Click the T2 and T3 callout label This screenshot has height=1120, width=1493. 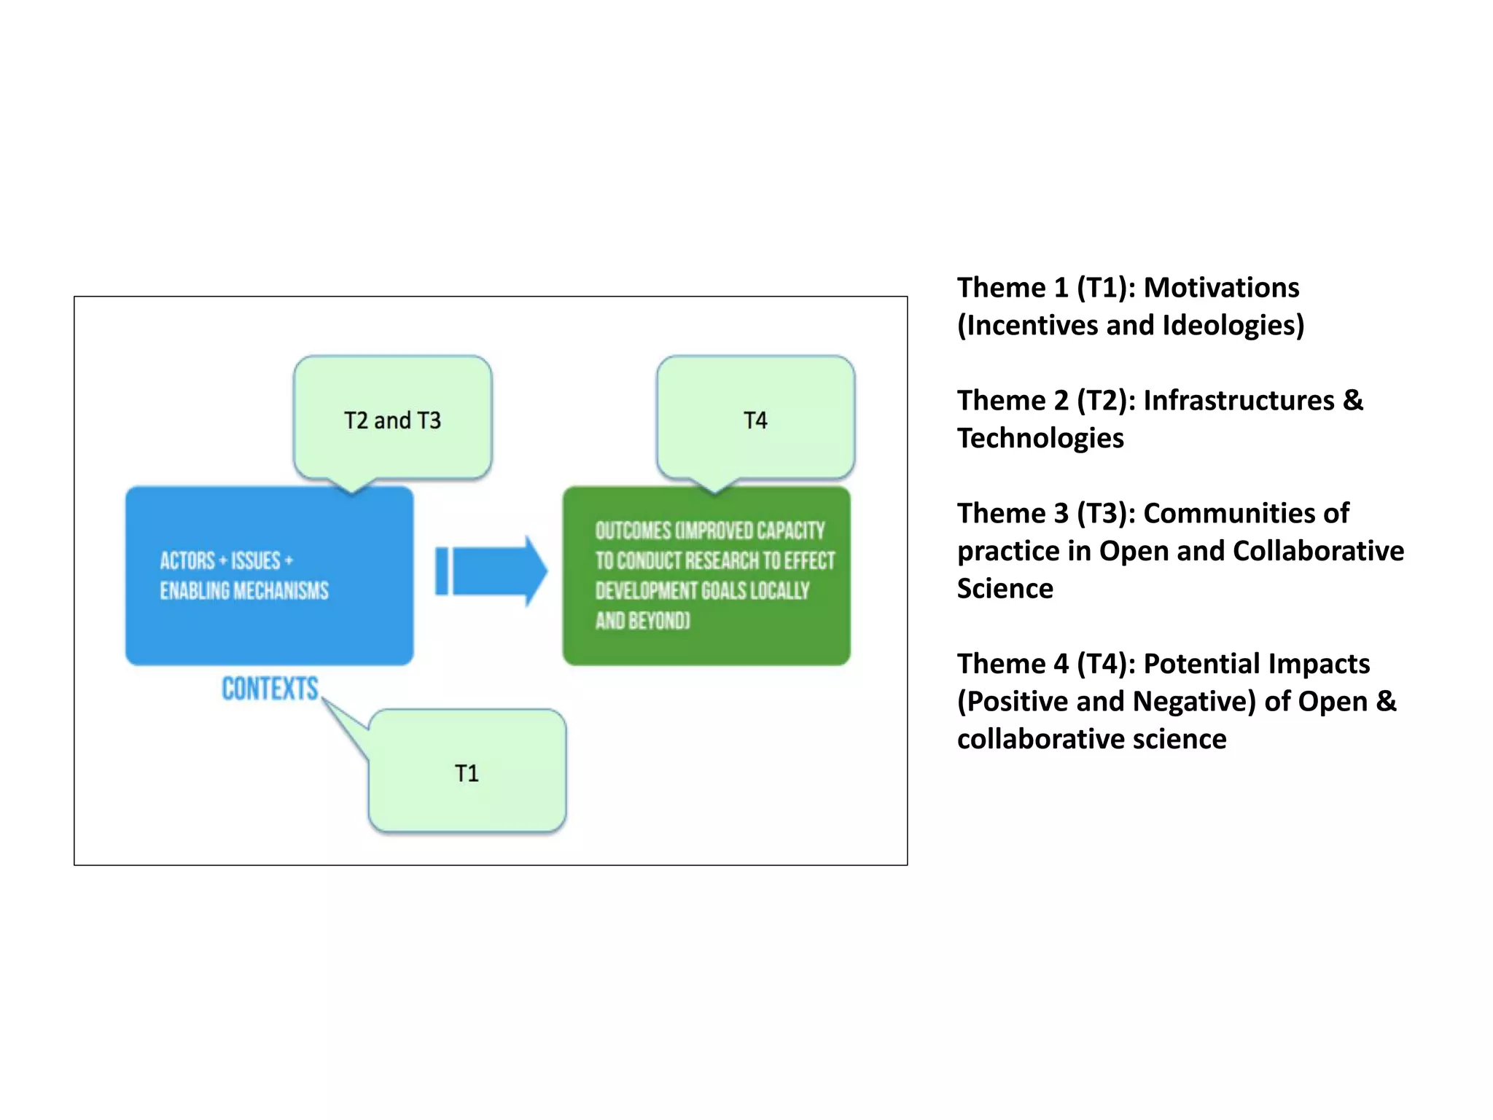(392, 420)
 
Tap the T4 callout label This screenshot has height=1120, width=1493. (755, 420)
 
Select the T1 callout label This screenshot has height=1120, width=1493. (467, 773)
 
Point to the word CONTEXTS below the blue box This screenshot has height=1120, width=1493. (270, 689)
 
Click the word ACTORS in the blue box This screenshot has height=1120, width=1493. (187, 560)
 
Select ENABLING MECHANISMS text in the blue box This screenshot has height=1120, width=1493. (244, 590)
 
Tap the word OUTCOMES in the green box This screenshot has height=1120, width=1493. (633, 530)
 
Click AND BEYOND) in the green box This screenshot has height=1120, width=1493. (642, 620)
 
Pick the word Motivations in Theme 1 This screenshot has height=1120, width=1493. (1221, 288)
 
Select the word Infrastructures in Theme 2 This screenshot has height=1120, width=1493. (1239, 401)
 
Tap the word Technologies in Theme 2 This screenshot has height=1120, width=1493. (1040, 438)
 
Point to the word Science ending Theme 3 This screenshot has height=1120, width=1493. (1005, 589)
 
